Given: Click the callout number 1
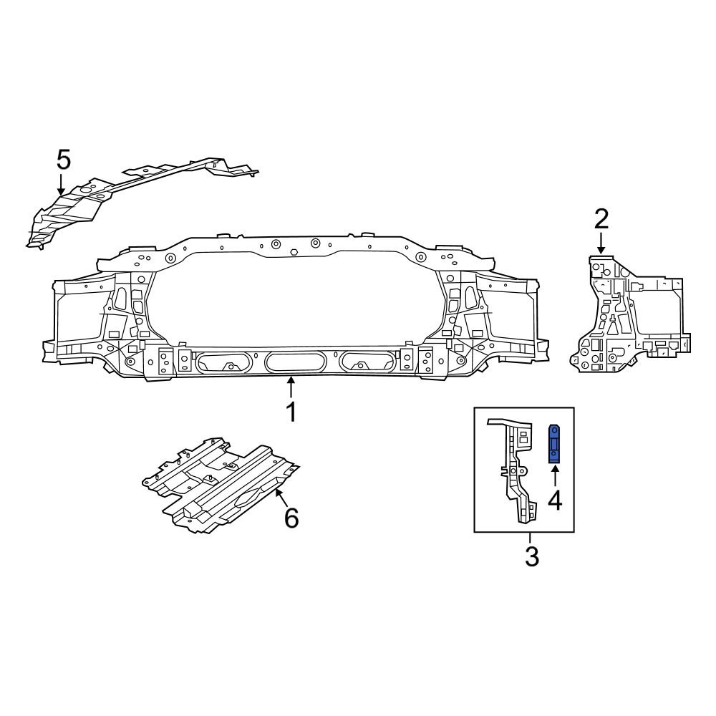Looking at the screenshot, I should point(291,414).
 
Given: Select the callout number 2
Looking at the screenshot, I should point(601,218).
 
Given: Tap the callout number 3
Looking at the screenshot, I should point(531,556).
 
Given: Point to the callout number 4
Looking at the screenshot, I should point(555,499).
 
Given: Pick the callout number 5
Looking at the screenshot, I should point(64,159).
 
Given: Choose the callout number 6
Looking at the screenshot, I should point(291,517).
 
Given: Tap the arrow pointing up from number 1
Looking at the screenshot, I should point(291,387).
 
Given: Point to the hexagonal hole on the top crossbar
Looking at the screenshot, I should point(294,252).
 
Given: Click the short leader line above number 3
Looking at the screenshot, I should point(531,538).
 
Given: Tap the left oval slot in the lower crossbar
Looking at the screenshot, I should point(223,362).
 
